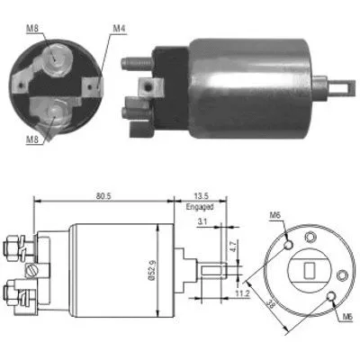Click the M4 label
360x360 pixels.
119,29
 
